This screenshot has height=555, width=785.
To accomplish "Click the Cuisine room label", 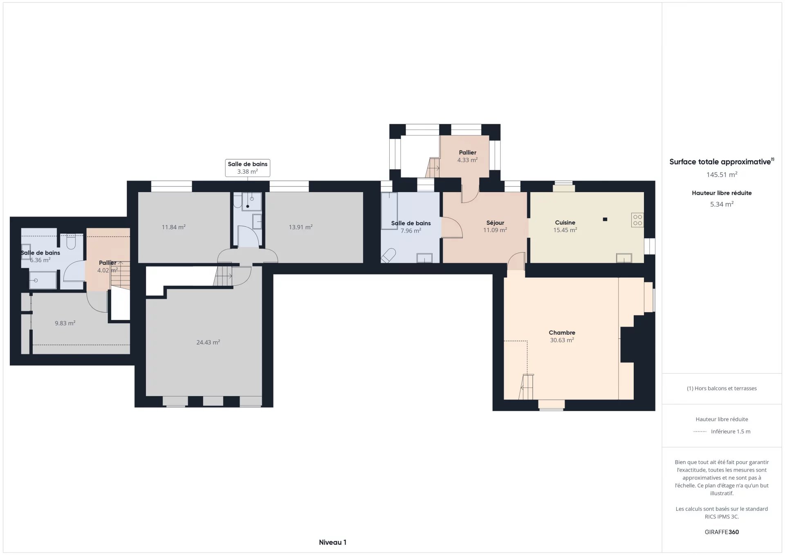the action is [x=565, y=223].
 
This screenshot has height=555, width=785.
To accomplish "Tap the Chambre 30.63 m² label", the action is [x=562, y=336].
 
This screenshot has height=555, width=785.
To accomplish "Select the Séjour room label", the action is [x=495, y=223].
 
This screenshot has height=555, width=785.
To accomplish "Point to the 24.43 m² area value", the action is [x=208, y=342].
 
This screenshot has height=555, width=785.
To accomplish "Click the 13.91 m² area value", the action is [x=301, y=227].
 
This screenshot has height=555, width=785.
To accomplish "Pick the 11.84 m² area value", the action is [x=173, y=227].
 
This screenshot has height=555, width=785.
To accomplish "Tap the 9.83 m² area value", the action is [x=65, y=323].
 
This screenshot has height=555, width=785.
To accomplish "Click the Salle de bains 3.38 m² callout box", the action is [x=247, y=168].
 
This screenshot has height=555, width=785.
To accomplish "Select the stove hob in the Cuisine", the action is [x=637, y=220].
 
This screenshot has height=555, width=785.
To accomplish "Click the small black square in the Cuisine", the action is [x=605, y=219].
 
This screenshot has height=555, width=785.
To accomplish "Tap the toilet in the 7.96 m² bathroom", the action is [x=388, y=255].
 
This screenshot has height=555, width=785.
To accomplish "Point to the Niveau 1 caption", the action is [x=332, y=542].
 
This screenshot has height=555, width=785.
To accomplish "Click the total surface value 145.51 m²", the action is [x=722, y=175].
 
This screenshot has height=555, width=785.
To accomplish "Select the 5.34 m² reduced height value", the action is [x=722, y=204].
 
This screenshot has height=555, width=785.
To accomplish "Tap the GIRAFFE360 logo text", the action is [x=722, y=532].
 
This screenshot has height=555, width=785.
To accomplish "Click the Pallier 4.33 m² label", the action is [x=467, y=156].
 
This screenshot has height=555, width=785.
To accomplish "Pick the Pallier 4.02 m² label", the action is [x=108, y=266].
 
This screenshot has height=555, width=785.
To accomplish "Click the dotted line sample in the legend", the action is [x=700, y=431].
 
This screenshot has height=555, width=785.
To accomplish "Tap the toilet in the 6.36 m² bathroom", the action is [x=70, y=241].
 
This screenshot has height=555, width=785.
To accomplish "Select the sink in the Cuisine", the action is [x=624, y=258].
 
